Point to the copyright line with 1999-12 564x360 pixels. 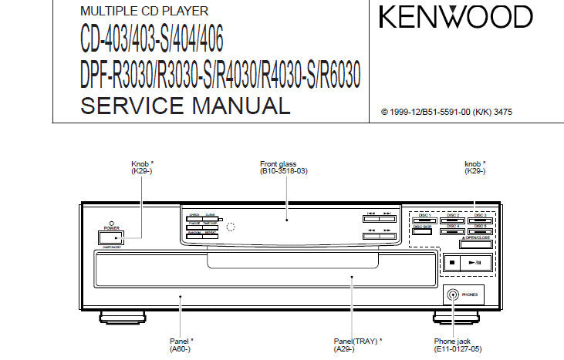[447, 112]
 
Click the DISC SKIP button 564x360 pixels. [422, 231]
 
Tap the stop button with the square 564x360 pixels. [451, 262]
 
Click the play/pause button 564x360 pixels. [475, 262]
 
